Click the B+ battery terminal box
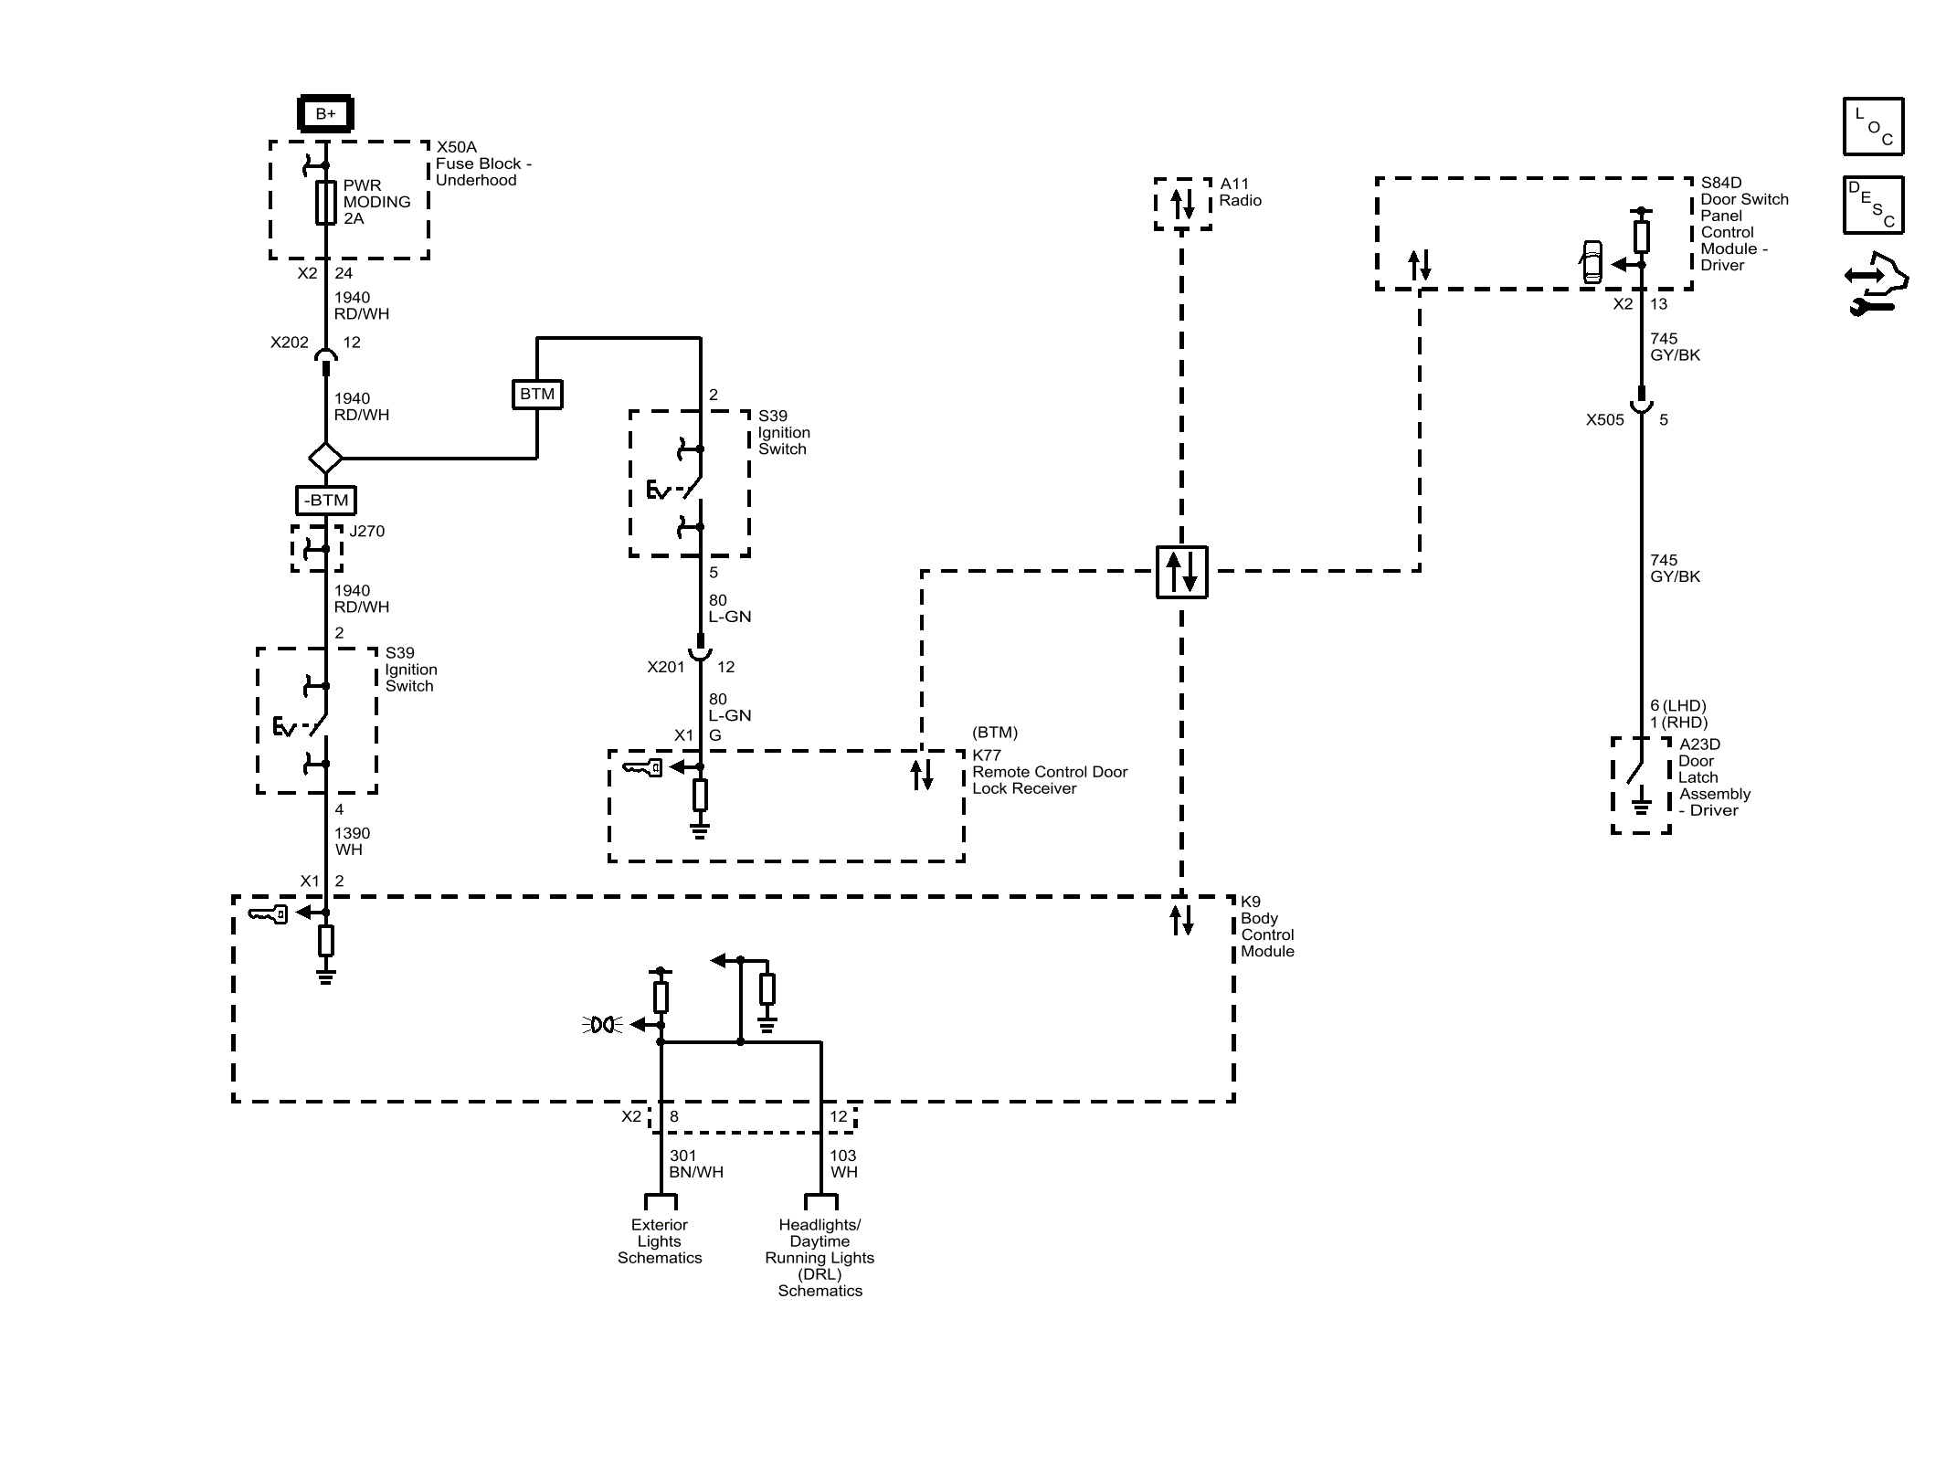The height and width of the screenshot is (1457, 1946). pyautogui.click(x=325, y=114)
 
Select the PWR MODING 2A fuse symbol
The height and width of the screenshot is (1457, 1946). pyautogui.click(x=326, y=202)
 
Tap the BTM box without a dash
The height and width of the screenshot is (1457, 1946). pyautogui.click(x=537, y=394)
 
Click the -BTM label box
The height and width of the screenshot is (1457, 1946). pyautogui.click(x=326, y=501)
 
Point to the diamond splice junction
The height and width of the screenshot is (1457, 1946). pyautogui.click(x=326, y=458)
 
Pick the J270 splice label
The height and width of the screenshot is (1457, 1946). pyautogui.click(x=367, y=531)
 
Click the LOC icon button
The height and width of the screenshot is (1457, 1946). pyautogui.click(x=1873, y=126)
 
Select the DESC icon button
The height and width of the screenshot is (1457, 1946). pyautogui.click(x=1873, y=205)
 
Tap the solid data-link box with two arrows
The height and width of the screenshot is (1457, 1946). pyautogui.click(x=1182, y=572)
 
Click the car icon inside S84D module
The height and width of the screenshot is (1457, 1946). pyautogui.click(x=1592, y=261)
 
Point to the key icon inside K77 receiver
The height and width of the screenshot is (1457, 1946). pyautogui.click(x=643, y=767)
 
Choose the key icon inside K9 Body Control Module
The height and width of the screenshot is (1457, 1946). pyautogui.click(x=269, y=913)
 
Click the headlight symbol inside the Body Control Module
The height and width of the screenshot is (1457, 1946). pyautogui.click(x=603, y=1025)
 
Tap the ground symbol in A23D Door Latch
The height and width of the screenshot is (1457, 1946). pyautogui.click(x=1642, y=805)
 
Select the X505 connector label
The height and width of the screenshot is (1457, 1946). pyautogui.click(x=1605, y=420)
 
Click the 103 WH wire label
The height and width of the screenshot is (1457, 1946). pyautogui.click(x=844, y=1164)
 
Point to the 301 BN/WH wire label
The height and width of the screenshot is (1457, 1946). pyautogui.click(x=696, y=1164)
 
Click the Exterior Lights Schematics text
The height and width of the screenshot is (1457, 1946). pyautogui.click(x=660, y=1241)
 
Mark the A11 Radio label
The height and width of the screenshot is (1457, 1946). pyautogui.click(x=1241, y=192)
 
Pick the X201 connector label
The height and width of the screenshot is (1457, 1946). pyautogui.click(x=666, y=667)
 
